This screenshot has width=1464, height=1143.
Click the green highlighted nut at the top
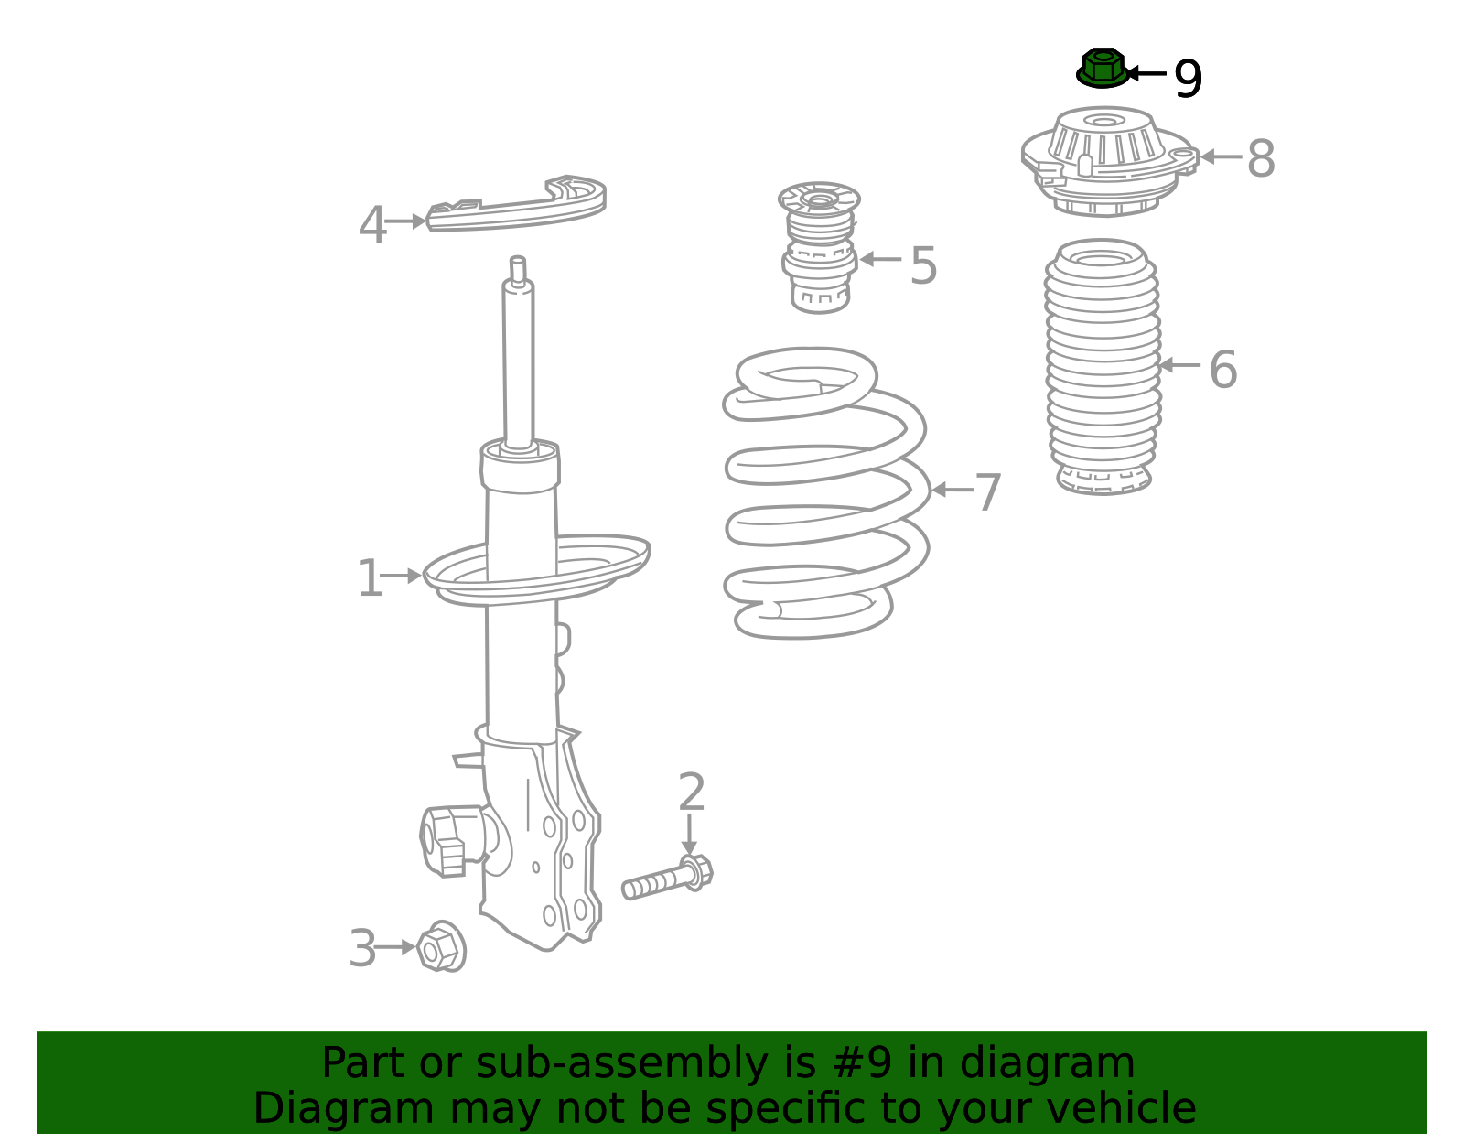1103,68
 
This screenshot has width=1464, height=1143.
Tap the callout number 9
1188,79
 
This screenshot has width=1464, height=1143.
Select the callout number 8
1261,159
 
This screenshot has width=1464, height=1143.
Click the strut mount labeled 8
1109,162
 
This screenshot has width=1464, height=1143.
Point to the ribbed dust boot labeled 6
1103,367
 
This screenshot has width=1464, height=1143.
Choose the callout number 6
1223,369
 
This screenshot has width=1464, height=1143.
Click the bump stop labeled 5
819,247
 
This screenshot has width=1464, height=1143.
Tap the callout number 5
923,265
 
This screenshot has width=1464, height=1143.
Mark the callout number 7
988,492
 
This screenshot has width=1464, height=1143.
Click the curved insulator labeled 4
516,203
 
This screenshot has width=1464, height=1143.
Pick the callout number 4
372,224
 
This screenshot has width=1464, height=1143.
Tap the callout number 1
369,577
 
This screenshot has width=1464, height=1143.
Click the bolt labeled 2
667,878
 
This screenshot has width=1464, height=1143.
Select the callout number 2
691,793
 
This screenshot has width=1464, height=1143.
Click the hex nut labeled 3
441,946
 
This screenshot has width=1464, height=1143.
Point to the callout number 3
362,948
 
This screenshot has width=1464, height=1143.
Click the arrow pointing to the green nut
1146,72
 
